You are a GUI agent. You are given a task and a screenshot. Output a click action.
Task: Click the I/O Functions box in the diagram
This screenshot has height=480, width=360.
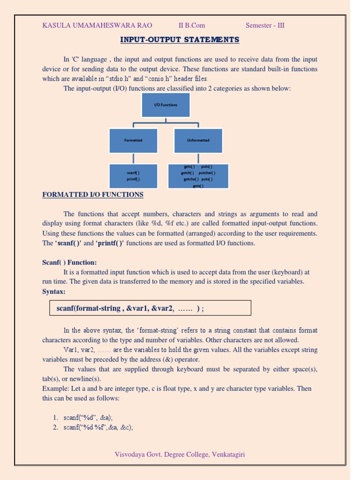click(x=165, y=105)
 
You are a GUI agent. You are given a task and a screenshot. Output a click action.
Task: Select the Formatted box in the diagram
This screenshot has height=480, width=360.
click(x=133, y=140)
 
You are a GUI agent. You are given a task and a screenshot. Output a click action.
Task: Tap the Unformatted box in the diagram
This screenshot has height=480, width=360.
click(x=198, y=140)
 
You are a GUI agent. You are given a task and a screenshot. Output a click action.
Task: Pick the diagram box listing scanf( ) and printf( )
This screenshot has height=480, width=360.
click(x=133, y=176)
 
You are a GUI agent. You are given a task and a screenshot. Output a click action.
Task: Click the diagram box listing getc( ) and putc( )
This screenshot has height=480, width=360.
click(x=198, y=176)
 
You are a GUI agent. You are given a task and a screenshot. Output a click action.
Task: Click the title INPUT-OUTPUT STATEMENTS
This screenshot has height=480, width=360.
click(x=180, y=39)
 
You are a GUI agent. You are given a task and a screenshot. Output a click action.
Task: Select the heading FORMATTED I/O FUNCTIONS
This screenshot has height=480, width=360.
click(x=93, y=195)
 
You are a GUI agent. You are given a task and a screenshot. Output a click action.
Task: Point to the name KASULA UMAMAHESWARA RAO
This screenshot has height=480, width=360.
click(x=97, y=25)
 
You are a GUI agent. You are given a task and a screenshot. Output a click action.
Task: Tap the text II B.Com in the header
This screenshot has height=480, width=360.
click(x=192, y=25)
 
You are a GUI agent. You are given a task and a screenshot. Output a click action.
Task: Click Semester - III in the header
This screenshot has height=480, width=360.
click(x=265, y=25)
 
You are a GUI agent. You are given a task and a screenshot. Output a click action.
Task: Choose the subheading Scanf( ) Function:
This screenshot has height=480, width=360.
click(x=69, y=262)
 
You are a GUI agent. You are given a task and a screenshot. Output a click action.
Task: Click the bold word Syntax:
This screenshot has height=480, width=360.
click(x=54, y=292)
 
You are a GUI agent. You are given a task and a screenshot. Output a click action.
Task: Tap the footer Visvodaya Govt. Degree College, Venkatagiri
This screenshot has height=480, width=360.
click(x=180, y=454)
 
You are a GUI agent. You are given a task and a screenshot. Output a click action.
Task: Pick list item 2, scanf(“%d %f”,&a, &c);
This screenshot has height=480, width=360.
click(x=98, y=427)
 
